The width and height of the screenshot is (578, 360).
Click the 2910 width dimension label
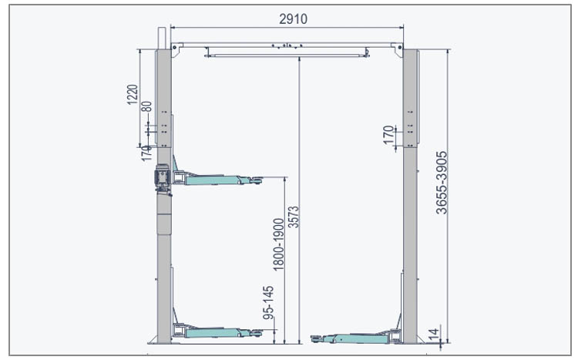[x=293, y=19]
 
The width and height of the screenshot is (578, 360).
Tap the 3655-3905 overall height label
[x=442, y=183]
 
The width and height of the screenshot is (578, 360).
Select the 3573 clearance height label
[x=294, y=217]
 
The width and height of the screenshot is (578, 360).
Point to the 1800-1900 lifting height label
[x=279, y=244]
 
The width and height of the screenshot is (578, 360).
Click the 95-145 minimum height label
[x=268, y=302]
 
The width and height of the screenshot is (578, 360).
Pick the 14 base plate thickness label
[x=434, y=335]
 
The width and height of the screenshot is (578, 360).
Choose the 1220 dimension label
[x=133, y=95]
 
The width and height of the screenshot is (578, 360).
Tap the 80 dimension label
[x=146, y=106]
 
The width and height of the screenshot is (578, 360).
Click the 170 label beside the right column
[x=388, y=135]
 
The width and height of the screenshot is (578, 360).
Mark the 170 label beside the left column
[x=146, y=153]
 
